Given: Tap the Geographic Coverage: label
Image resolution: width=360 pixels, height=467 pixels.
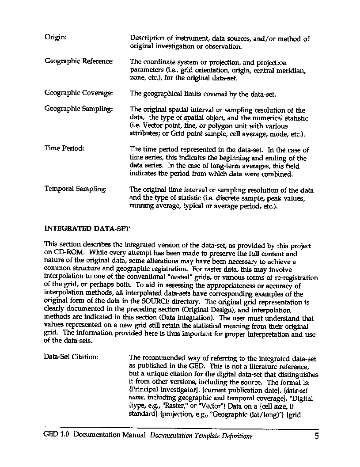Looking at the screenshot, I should click(79, 93).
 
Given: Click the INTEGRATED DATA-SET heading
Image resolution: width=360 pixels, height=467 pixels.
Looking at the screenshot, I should click(87, 229).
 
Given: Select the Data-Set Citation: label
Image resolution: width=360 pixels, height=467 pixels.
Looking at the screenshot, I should click(71, 357).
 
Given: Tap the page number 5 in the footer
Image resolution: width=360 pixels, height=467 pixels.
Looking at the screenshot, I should click(316, 436).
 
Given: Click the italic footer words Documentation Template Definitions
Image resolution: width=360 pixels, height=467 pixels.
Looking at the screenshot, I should click(201, 436).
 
